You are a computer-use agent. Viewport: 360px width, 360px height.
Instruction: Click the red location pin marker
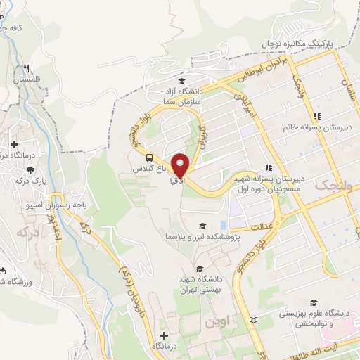[x=181, y=164]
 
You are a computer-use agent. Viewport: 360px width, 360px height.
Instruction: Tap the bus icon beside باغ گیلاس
[x=150, y=156]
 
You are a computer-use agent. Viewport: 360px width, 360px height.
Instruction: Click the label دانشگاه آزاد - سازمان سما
[x=181, y=96]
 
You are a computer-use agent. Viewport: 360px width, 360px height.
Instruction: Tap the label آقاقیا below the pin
[x=178, y=181]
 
